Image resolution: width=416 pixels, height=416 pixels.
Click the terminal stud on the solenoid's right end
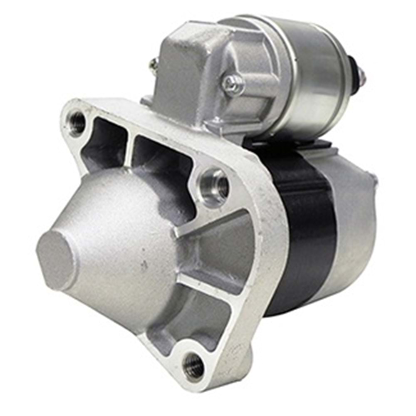tap(361, 75)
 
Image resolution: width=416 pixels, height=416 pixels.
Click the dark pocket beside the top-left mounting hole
tap(106, 141)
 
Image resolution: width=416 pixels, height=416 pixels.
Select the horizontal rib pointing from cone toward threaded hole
tap(208, 225)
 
